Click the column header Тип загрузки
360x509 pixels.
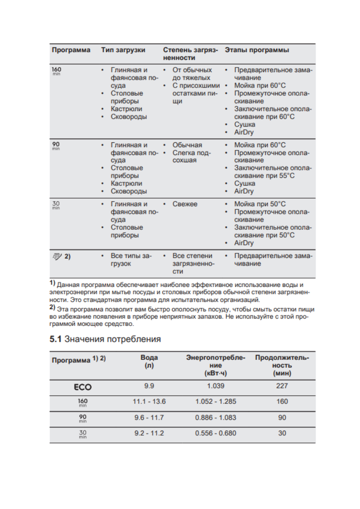[x=123, y=50]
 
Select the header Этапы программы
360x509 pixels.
[x=257, y=50]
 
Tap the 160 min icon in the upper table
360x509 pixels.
[x=56, y=71]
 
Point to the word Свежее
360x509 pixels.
[x=185, y=204]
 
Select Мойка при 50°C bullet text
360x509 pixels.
[x=260, y=204]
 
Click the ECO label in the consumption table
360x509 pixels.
[x=83, y=387]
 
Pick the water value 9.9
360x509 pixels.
[x=149, y=387]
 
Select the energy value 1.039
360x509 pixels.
[x=216, y=387]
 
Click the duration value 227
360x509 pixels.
[x=282, y=387]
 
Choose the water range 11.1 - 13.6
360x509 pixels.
[x=149, y=402]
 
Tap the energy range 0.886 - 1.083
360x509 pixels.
[x=216, y=417]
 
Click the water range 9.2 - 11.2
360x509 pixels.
[x=149, y=433]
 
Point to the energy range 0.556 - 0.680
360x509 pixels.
[x=216, y=433]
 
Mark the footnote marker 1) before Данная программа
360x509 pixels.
[x=52, y=284]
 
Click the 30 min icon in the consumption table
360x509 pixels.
[x=83, y=434]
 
